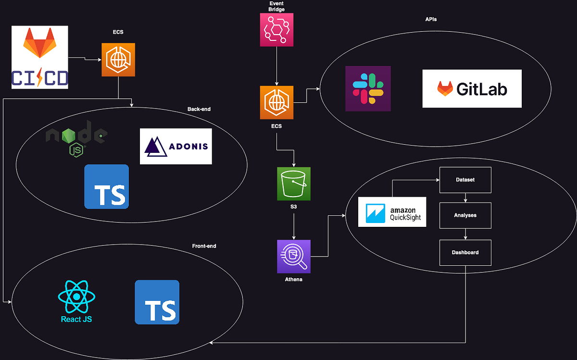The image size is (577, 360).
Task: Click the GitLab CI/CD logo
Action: (x=40, y=57)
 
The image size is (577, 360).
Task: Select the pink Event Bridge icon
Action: (x=276, y=30)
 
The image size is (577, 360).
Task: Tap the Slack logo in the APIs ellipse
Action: (x=368, y=89)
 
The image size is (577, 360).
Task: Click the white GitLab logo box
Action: (x=472, y=88)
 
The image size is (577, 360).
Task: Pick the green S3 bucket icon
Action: (x=293, y=184)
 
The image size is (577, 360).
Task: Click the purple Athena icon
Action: (x=294, y=257)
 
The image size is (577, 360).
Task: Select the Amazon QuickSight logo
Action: (x=392, y=211)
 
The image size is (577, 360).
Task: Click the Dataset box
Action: (x=465, y=180)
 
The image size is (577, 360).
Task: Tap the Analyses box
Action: (x=465, y=215)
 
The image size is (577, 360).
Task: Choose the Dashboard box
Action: (x=465, y=252)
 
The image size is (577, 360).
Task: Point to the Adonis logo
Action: (x=176, y=146)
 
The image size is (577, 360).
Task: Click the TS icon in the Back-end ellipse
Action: (x=106, y=186)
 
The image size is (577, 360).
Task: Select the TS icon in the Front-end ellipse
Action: (x=157, y=302)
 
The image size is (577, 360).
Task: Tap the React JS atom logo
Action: (x=76, y=301)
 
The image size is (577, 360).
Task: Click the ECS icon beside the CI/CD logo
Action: (x=118, y=60)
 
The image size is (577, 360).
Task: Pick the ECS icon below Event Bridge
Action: (x=276, y=102)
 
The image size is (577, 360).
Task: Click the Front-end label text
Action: (x=204, y=246)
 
